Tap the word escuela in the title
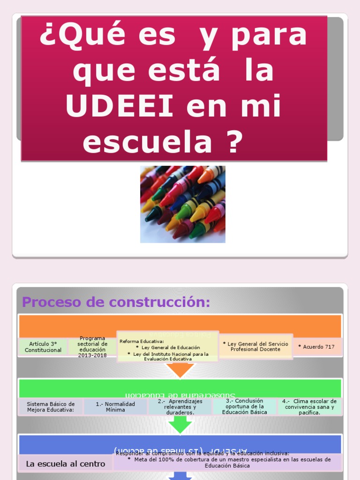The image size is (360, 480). (x=147, y=141)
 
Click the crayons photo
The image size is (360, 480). (x=182, y=204)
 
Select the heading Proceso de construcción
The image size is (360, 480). (x=116, y=302)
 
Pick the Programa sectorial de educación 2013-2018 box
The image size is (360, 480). (x=92, y=347)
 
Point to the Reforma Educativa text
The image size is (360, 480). (x=142, y=341)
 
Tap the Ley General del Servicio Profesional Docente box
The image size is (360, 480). (x=256, y=346)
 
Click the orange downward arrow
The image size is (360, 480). (x=180, y=370)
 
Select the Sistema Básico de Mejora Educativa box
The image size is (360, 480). (x=51, y=407)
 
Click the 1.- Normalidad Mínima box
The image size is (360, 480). (x=115, y=407)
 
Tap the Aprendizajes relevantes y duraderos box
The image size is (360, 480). (x=180, y=407)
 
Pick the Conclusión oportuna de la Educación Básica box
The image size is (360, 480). (x=245, y=406)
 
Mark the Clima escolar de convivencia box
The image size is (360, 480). (x=309, y=407)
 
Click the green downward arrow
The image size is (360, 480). (x=180, y=425)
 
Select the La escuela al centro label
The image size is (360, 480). (x=66, y=464)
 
